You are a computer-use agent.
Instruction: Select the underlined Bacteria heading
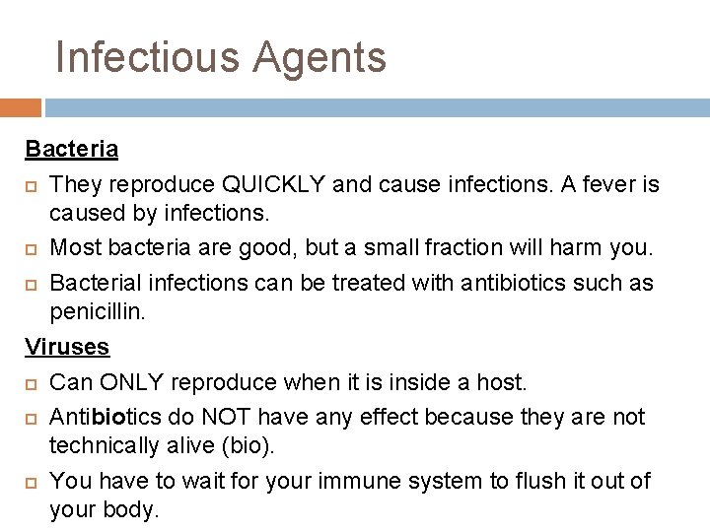click(71, 150)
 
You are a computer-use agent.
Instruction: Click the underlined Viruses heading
click(67, 347)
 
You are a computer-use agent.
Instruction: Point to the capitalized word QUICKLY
click(275, 184)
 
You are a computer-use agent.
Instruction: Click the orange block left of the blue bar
click(21, 107)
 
